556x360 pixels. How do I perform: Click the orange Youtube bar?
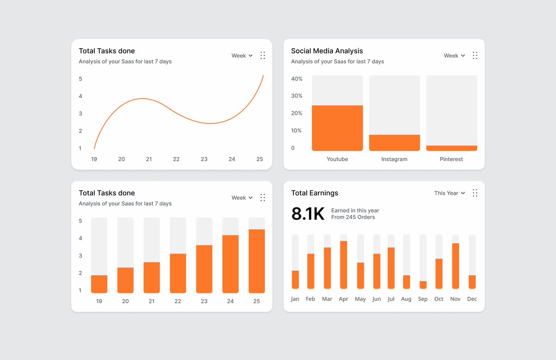coord(337,128)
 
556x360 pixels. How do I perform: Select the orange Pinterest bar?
coord(451,148)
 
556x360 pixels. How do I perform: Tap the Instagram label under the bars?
coord(394,159)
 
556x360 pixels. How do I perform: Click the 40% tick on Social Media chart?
coord(297,79)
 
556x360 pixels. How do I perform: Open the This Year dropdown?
coord(449,193)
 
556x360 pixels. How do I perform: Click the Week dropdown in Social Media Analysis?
coord(454,56)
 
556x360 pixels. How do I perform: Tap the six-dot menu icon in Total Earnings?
coord(475,193)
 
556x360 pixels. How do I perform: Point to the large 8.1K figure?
coord(308,214)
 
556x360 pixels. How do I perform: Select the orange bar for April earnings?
coord(343,265)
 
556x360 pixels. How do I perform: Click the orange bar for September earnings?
coord(423,285)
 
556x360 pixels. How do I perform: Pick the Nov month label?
coord(455,299)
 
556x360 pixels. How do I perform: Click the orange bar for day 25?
coord(257,261)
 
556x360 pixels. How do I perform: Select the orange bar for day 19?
coord(99,284)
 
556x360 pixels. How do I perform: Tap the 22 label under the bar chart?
coord(178,301)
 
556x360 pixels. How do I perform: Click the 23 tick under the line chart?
coord(204,159)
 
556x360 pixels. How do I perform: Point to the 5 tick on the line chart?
coord(80,79)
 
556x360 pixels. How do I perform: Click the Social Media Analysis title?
coord(327,51)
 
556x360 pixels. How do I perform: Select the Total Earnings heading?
coord(315,193)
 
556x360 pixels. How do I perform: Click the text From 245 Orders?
coord(353,217)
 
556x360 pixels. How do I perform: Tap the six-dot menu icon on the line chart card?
coord(263,56)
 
